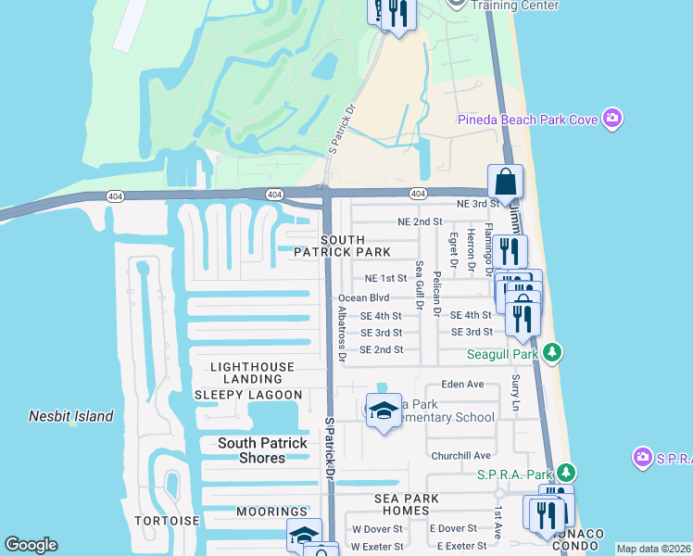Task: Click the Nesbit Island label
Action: point(70,417)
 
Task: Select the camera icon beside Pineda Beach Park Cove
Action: point(611,118)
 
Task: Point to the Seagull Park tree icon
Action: point(552,353)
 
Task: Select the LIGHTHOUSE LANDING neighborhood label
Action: point(252,373)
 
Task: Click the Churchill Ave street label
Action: point(460,456)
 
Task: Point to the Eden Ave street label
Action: point(463,384)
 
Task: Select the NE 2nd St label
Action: point(420,222)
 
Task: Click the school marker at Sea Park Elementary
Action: point(383,411)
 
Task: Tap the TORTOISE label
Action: point(166,521)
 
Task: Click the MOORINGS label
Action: point(271,512)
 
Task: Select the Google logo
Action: point(31,545)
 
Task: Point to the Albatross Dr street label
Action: point(341,334)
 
